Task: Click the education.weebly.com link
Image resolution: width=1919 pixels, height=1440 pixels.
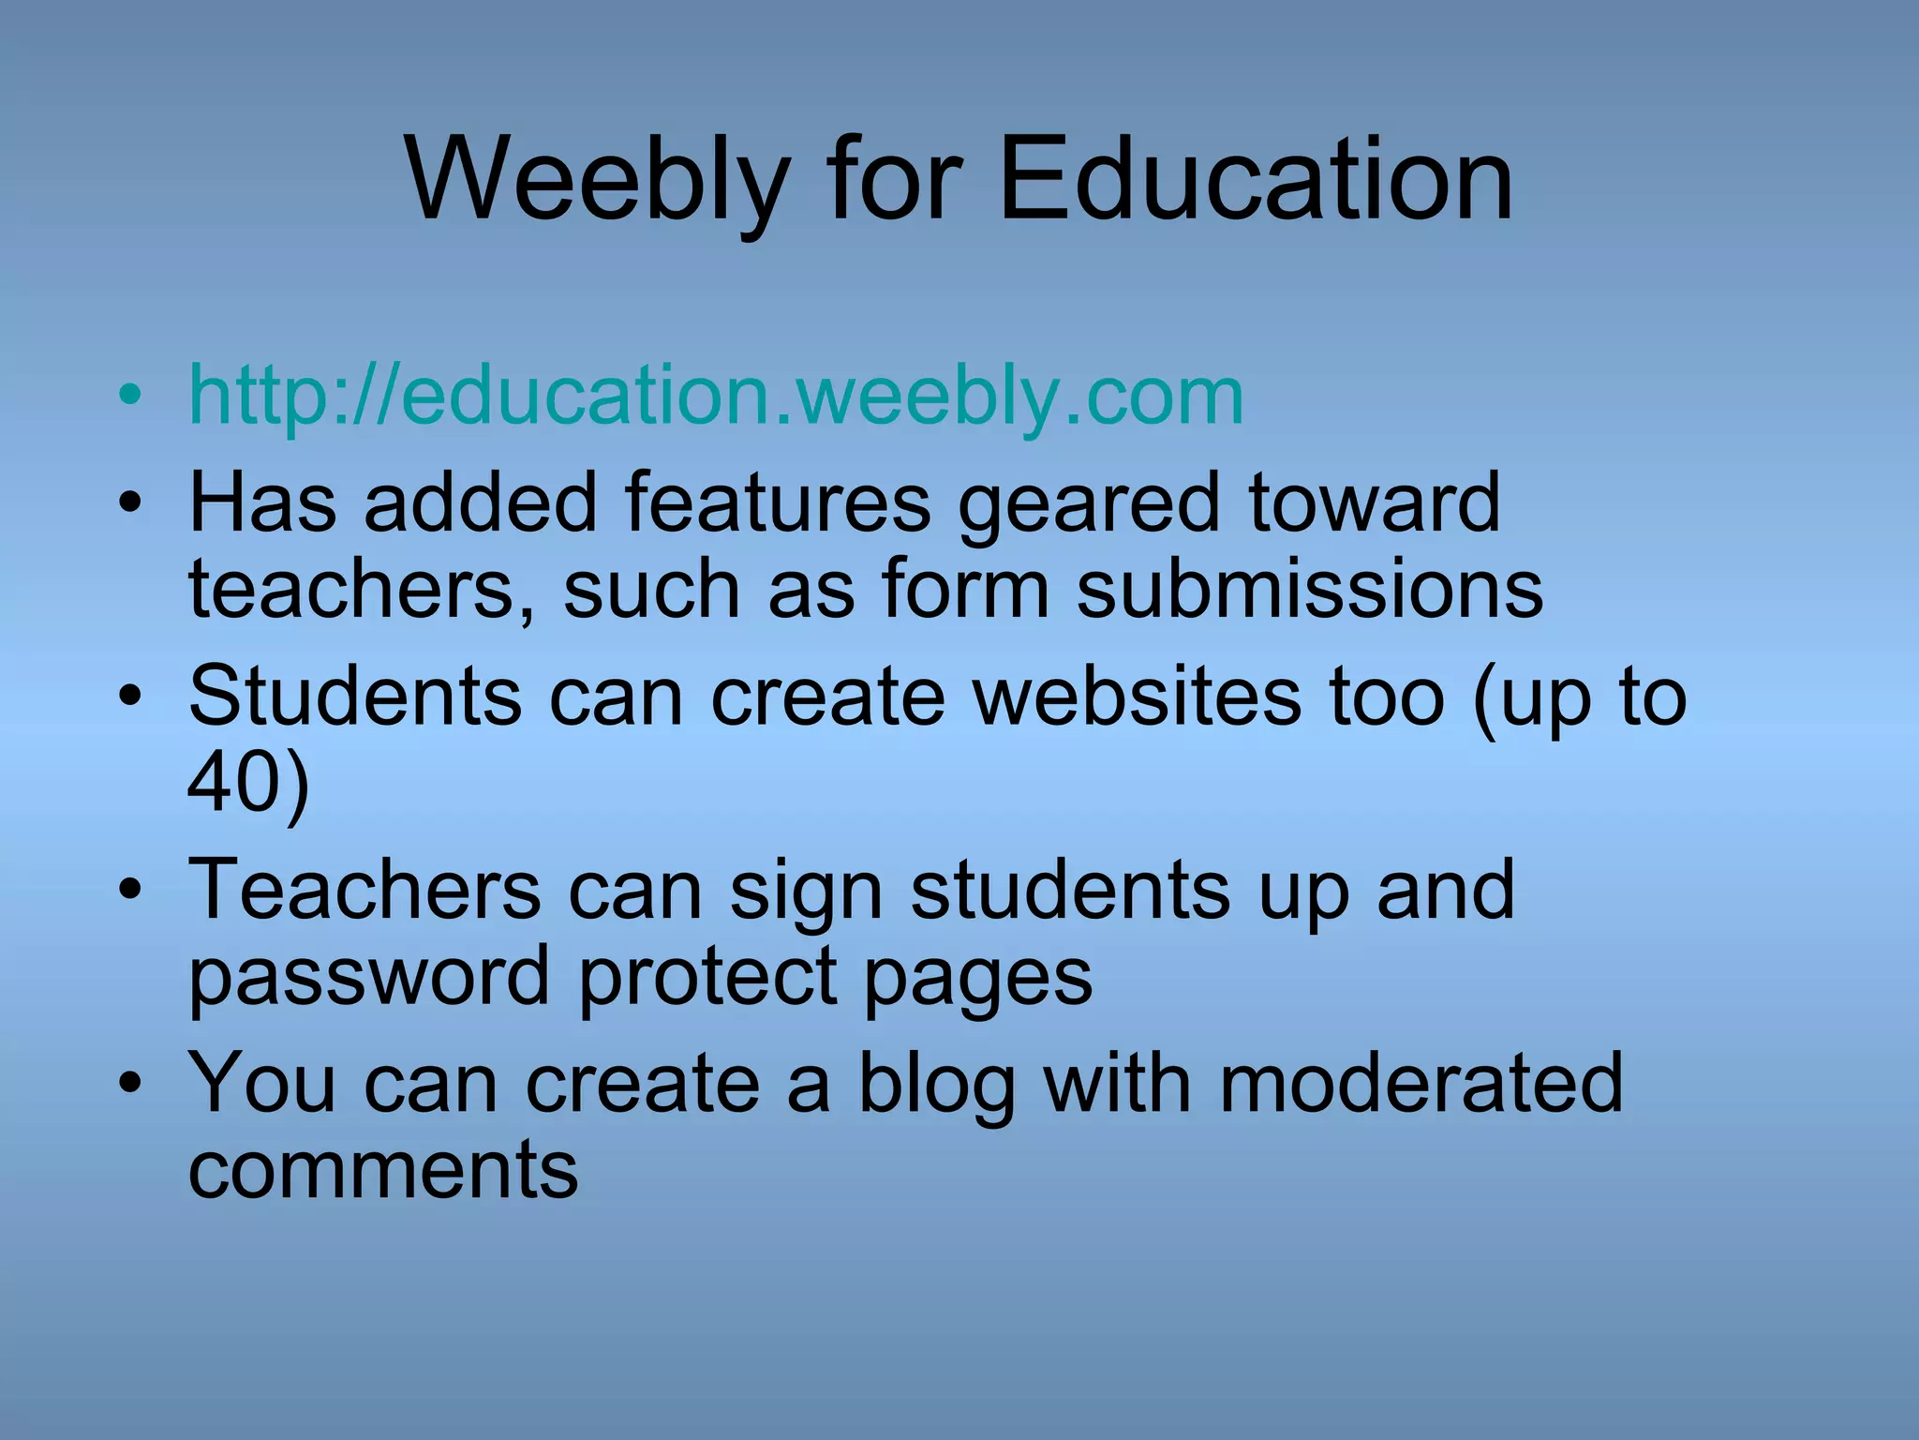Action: [716, 396]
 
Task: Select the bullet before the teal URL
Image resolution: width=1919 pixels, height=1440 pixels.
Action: [130, 395]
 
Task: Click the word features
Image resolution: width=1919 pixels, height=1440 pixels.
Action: [777, 502]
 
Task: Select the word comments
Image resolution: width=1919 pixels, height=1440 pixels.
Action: [383, 1169]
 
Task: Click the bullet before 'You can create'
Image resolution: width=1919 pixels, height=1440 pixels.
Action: [130, 1083]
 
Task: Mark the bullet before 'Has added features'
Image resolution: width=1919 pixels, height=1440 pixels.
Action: [130, 502]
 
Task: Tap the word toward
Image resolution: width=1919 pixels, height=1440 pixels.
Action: [1375, 502]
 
